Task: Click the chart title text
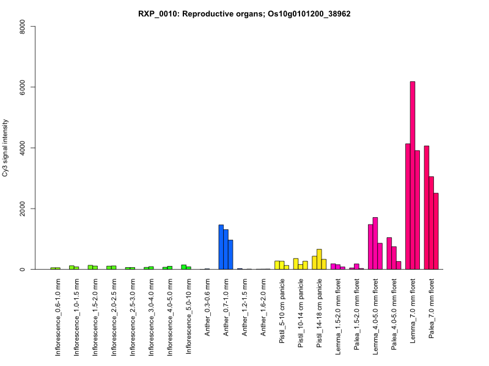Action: click(x=244, y=13)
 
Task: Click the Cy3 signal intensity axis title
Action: click(x=6, y=148)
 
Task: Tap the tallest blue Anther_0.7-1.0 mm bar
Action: click(x=221, y=247)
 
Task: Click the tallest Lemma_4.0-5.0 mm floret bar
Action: click(x=375, y=243)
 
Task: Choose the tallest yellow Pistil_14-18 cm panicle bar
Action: click(x=319, y=259)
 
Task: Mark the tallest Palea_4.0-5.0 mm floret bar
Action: click(x=389, y=254)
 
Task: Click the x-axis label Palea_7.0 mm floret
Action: click(x=432, y=311)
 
